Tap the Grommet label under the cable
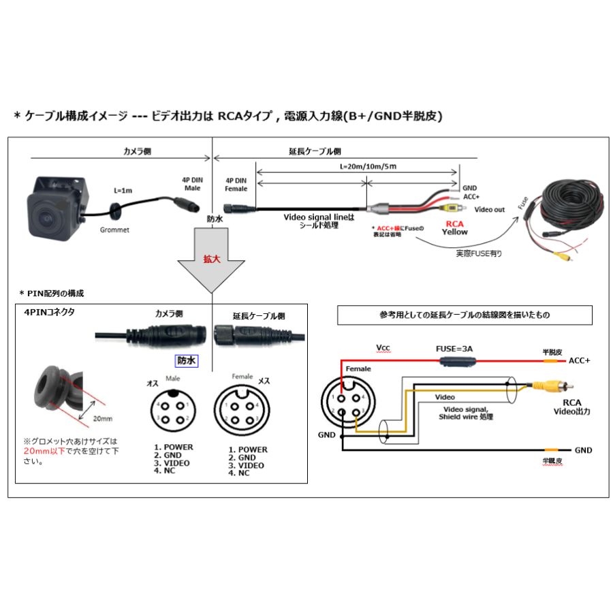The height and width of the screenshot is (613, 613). click(x=114, y=230)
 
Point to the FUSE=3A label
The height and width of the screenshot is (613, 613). click(x=454, y=347)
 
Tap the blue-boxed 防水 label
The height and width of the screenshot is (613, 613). click(x=185, y=360)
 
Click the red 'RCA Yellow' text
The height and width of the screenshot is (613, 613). click(x=454, y=227)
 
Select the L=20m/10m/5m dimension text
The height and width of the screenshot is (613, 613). click(x=368, y=166)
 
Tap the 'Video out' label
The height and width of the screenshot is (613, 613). click(x=489, y=210)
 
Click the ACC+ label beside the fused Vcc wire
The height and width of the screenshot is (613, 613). click(x=580, y=360)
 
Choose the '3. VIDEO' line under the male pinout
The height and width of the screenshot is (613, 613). click(x=172, y=463)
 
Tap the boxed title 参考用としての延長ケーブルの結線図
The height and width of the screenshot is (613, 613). click(x=465, y=315)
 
